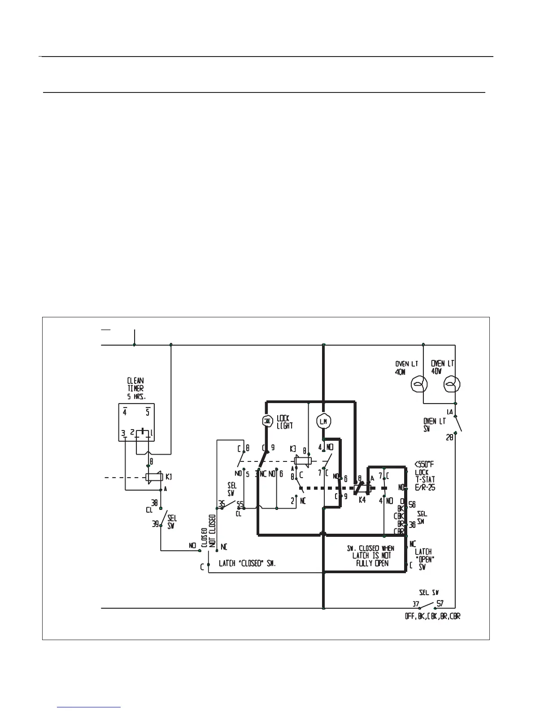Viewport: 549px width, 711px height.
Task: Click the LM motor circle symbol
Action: click(x=323, y=421)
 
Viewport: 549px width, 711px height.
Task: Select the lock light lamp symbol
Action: click(x=267, y=421)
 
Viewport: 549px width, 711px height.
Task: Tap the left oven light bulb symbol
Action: click(x=419, y=385)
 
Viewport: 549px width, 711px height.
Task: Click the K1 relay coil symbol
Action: click(x=153, y=477)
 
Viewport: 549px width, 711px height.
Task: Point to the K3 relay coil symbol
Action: click(x=303, y=461)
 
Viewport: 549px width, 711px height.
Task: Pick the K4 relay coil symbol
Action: click(x=362, y=488)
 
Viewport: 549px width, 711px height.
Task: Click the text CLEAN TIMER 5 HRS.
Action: click(x=135, y=389)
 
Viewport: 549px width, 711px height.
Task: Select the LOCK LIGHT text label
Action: click(x=284, y=421)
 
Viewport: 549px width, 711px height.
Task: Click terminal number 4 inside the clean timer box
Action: click(x=125, y=411)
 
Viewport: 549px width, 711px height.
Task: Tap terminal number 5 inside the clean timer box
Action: click(x=148, y=411)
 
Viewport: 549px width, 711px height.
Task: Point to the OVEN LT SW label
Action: click(x=434, y=424)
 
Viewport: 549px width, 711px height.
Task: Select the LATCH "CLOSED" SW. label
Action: click(x=247, y=563)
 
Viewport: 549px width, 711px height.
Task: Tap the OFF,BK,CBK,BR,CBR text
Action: click(x=432, y=616)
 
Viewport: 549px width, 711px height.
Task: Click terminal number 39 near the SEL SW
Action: click(x=155, y=524)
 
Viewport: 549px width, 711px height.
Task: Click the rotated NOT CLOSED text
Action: click(x=212, y=530)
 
